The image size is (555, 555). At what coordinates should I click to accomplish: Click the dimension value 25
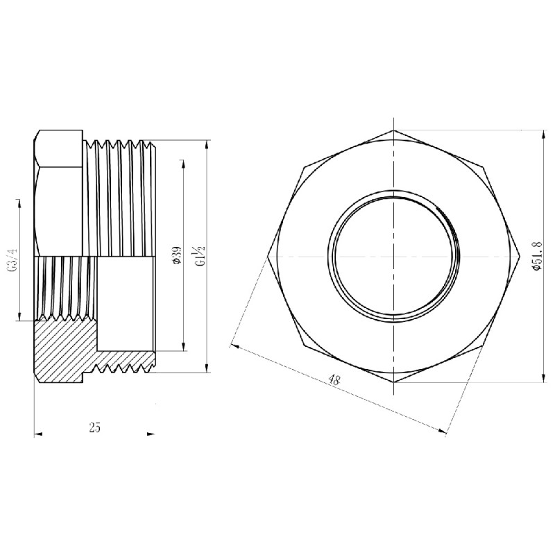pyautogui.click(x=95, y=427)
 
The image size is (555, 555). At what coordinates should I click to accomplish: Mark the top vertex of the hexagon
pyautogui.click(x=393, y=130)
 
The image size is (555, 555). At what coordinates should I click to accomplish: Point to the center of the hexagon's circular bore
pyautogui.click(x=393, y=256)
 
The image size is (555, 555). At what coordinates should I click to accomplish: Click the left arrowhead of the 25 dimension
pyautogui.click(x=38, y=434)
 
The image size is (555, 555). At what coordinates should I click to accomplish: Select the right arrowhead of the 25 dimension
pyautogui.click(x=151, y=434)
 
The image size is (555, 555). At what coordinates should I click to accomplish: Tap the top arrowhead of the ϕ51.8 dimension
pyautogui.click(x=543, y=133)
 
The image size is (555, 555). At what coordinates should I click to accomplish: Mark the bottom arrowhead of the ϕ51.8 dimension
pyautogui.click(x=543, y=377)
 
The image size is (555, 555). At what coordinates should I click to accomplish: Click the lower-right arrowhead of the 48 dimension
pyautogui.click(x=443, y=431)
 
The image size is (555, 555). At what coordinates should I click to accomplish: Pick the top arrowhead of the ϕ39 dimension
pyautogui.click(x=183, y=164)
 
